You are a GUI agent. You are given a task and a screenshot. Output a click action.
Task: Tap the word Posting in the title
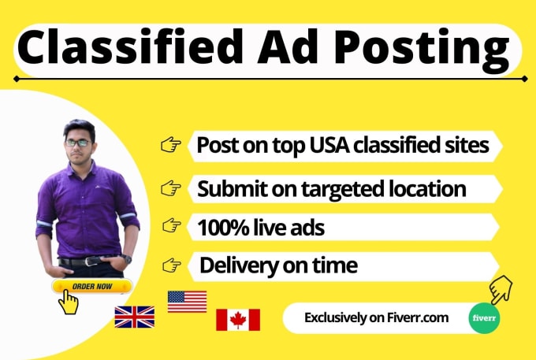coord(422,50)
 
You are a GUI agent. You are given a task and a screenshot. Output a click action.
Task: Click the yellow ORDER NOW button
coord(92,286)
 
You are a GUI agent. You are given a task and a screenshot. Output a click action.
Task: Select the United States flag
coord(187,302)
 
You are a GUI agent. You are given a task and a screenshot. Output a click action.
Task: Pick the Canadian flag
coord(238,320)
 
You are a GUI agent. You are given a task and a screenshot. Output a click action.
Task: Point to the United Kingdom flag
coord(134,317)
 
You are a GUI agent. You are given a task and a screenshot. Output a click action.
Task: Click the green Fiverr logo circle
coord(484,318)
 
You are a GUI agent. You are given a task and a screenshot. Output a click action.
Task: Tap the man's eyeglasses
coord(78,143)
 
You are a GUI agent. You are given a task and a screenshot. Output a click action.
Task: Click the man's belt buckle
coord(90,262)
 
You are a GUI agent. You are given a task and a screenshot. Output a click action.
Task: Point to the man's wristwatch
coord(126,258)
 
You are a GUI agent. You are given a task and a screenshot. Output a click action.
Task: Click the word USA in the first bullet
coord(329,145)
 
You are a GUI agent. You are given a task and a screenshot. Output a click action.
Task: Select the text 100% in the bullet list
coord(223,228)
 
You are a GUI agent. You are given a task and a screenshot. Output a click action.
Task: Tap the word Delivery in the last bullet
coord(239,266)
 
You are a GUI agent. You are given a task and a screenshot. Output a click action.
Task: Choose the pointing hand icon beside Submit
coord(171,187)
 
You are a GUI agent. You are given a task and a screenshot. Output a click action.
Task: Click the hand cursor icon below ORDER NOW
coord(68,302)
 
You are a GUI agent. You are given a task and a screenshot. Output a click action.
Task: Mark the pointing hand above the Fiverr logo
coord(501,290)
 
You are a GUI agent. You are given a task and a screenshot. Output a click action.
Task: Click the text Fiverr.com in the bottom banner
coord(418,318)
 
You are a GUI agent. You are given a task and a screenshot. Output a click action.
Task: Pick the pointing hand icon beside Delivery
coord(172,265)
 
